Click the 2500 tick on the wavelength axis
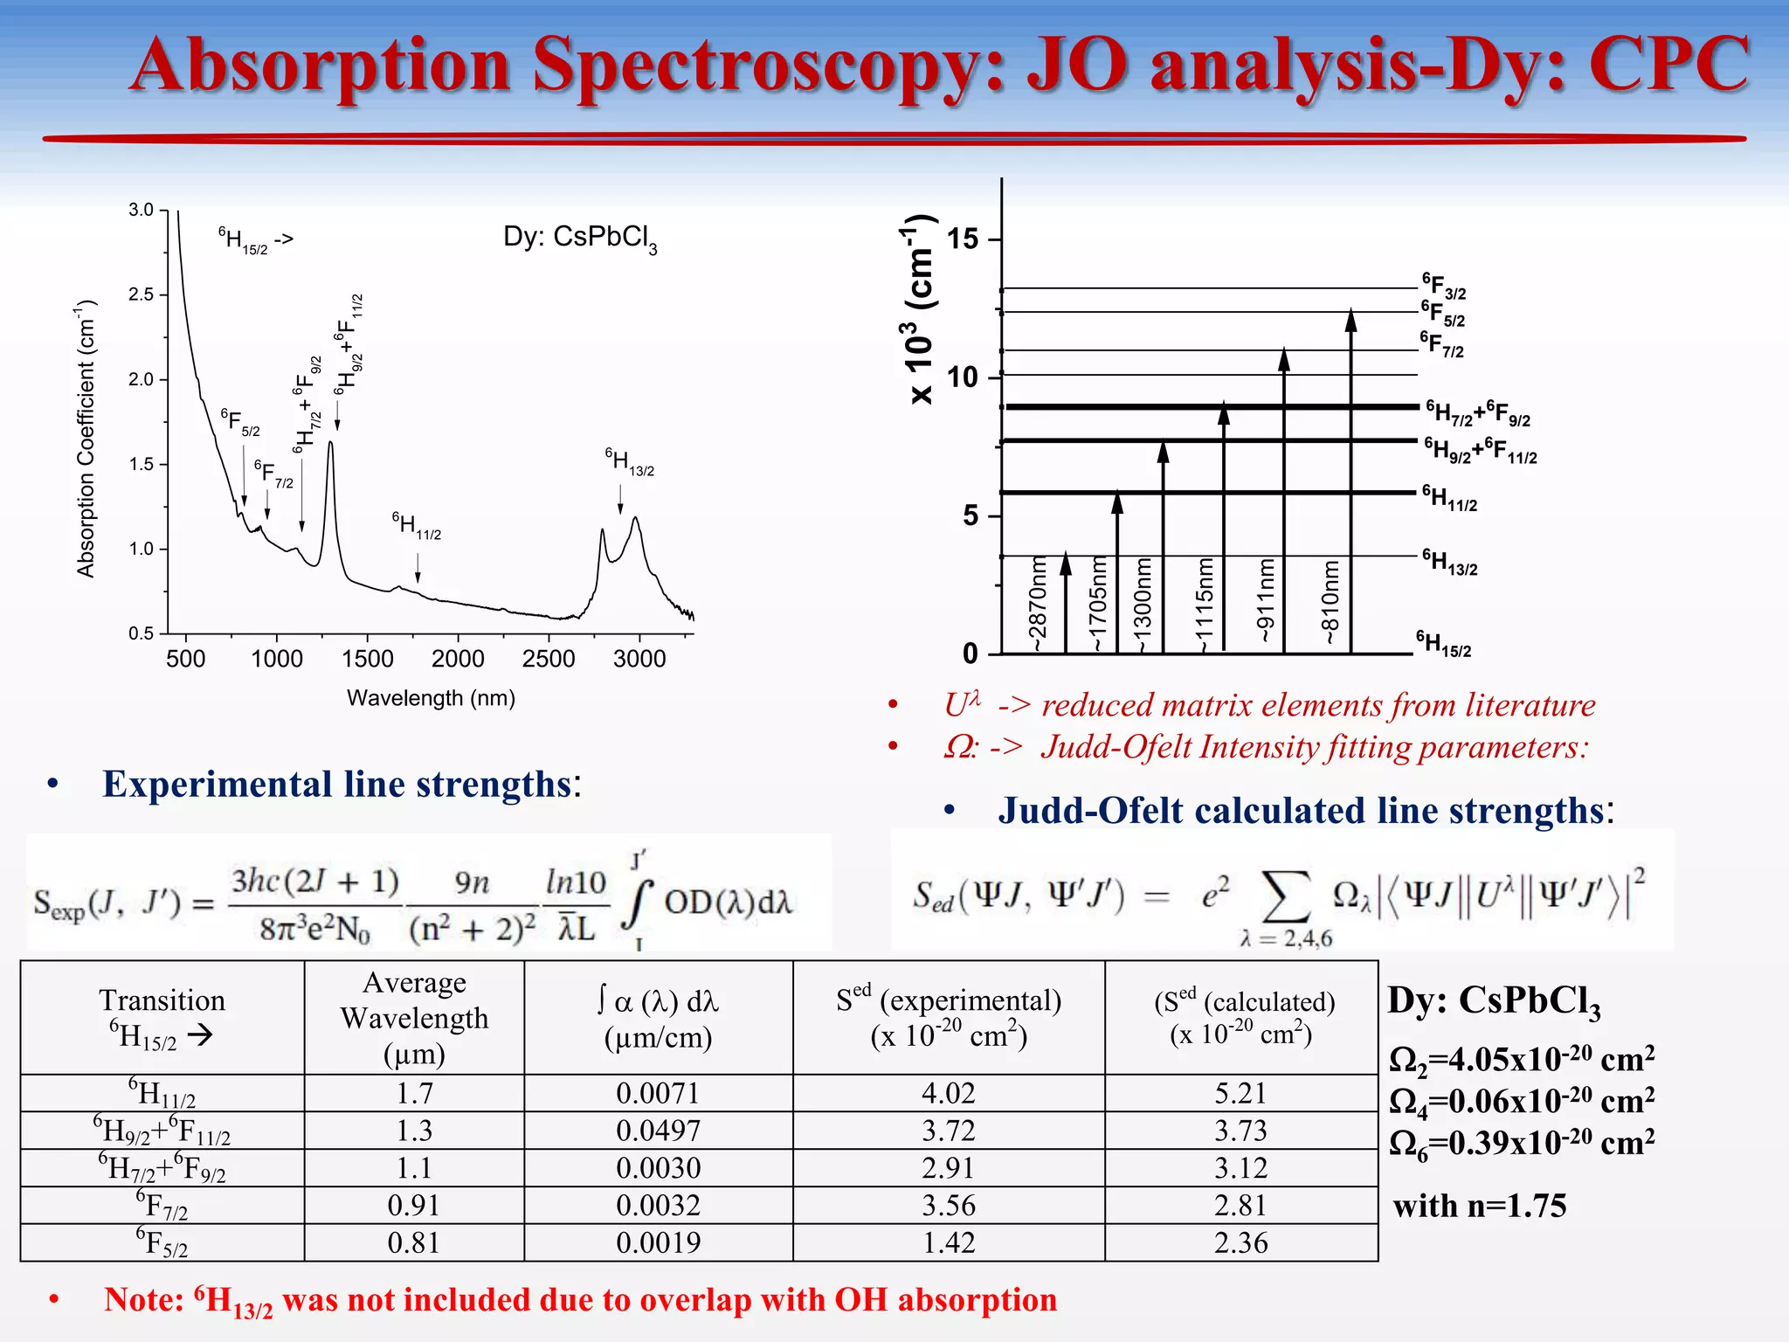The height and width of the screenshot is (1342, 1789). coord(548,659)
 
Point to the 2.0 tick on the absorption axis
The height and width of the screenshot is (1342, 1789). coord(141,379)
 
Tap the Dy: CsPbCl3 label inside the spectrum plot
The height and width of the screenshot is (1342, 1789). coord(579,238)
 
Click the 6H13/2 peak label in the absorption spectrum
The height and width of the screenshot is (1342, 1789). coord(629,462)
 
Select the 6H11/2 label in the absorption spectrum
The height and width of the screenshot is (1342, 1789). coord(416,526)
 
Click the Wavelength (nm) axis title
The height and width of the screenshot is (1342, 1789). coord(431,698)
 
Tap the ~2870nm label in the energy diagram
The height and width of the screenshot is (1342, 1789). coord(1036,604)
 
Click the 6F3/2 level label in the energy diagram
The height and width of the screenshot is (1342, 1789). coord(1443,287)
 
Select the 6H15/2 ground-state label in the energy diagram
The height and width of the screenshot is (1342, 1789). coord(1443,644)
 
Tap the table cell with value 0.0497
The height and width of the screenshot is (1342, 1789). coord(658,1131)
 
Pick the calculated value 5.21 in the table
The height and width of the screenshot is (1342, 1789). coord(1240,1093)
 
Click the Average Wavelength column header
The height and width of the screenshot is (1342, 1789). coord(414,1018)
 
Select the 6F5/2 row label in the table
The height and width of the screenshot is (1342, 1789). coord(162,1242)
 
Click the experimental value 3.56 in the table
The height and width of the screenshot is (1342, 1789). coord(948,1206)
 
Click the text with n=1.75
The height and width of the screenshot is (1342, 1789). coord(1479,1206)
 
